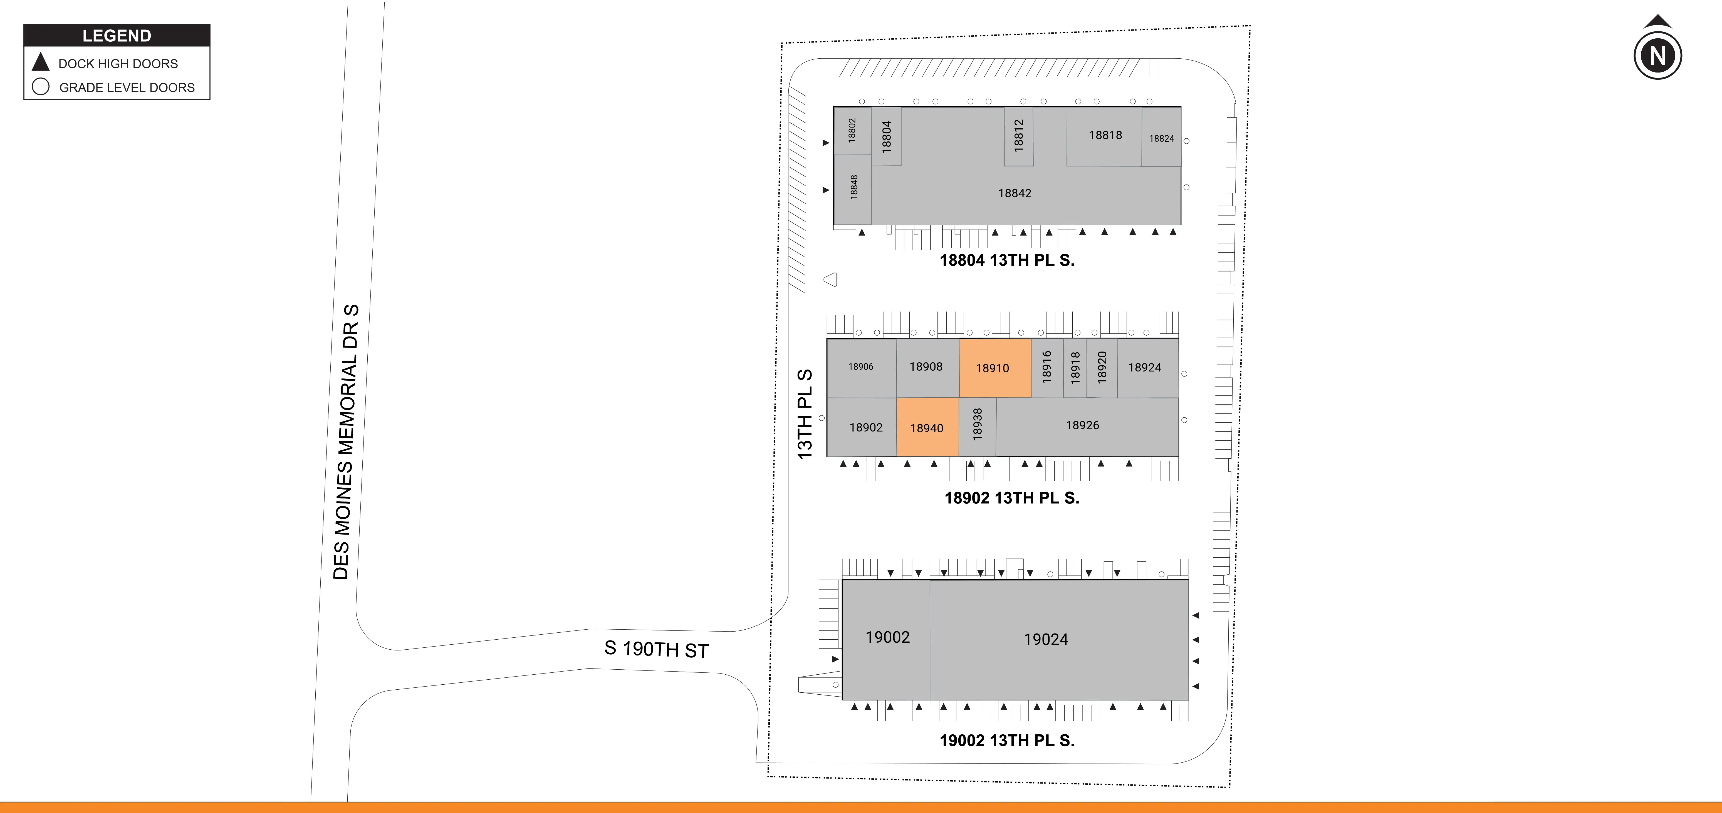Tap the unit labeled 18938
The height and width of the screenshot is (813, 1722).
point(977,426)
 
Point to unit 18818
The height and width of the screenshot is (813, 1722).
point(1105,136)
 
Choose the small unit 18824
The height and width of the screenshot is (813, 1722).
point(1161,138)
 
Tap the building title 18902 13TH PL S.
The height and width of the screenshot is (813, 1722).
point(1011,498)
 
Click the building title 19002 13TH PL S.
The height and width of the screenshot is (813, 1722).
point(1007,740)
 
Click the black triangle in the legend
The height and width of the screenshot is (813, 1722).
point(41,62)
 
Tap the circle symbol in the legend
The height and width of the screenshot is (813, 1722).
point(41,87)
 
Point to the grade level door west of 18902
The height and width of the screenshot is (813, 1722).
point(822,418)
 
